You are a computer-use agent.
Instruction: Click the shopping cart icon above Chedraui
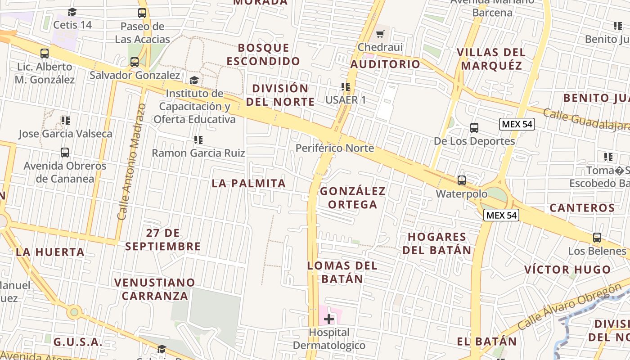point(381,34)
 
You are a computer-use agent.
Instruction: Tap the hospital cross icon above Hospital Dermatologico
point(329,319)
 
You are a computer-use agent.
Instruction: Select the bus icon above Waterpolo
point(462,180)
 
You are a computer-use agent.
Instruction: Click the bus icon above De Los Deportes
point(474,128)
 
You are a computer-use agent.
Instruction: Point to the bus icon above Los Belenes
point(597,237)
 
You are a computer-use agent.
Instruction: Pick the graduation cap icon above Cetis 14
point(72,12)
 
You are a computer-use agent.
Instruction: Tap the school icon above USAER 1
point(346,86)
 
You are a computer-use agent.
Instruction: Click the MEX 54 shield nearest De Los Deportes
point(517,124)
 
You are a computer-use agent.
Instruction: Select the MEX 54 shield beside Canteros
point(501,215)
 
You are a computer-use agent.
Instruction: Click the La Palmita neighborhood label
point(249,183)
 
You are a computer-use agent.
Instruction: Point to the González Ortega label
point(353,198)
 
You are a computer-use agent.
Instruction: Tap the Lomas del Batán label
point(342,272)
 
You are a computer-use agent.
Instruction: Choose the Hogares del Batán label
point(437,243)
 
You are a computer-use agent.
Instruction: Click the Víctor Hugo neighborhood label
point(567,270)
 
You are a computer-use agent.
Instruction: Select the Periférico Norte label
point(334,148)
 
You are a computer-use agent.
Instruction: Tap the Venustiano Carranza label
point(155,289)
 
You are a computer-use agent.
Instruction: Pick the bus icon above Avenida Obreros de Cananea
point(65,153)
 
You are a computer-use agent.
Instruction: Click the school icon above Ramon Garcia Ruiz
point(198,140)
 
